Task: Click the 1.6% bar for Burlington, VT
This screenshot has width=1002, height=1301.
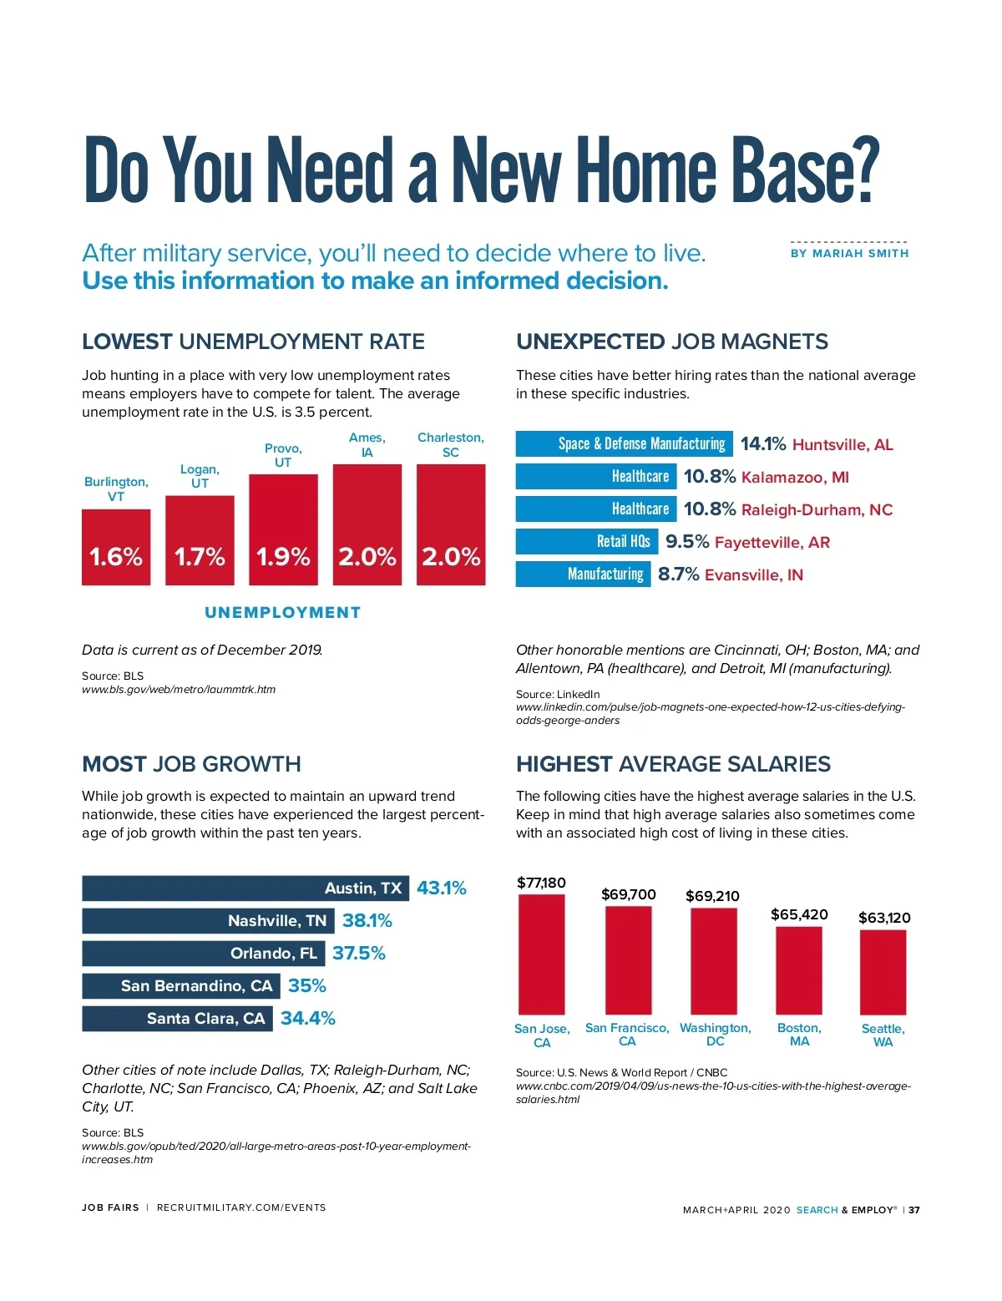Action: coord(116,547)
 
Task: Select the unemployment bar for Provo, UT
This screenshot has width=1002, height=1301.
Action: coord(283,529)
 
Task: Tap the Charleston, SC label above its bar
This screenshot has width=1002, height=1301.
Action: coord(451,445)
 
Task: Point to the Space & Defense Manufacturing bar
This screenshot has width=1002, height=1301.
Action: coord(624,443)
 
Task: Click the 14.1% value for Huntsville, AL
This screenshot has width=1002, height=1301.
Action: coord(763,444)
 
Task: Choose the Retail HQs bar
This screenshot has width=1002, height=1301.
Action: coord(587,542)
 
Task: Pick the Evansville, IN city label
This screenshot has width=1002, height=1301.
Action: coord(754,575)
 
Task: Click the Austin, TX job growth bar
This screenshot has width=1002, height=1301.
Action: coord(245,888)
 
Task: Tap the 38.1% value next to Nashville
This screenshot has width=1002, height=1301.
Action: coord(367,921)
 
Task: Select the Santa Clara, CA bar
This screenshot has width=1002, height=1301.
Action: coord(177,1019)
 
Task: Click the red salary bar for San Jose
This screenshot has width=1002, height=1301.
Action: coord(541,954)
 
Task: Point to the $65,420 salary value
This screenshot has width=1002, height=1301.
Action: coord(799,914)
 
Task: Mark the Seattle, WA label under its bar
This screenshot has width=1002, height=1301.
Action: coord(883,1035)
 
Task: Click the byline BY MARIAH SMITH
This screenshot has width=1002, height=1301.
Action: coord(849,253)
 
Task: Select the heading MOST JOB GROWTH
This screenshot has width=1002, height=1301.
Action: coord(191,764)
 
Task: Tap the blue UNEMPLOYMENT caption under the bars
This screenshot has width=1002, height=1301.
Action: coord(283,613)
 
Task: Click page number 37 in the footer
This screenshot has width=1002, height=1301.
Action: coord(914,1210)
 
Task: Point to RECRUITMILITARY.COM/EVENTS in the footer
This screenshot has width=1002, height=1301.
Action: coord(241,1207)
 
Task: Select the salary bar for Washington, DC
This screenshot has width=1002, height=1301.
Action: coord(714,961)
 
